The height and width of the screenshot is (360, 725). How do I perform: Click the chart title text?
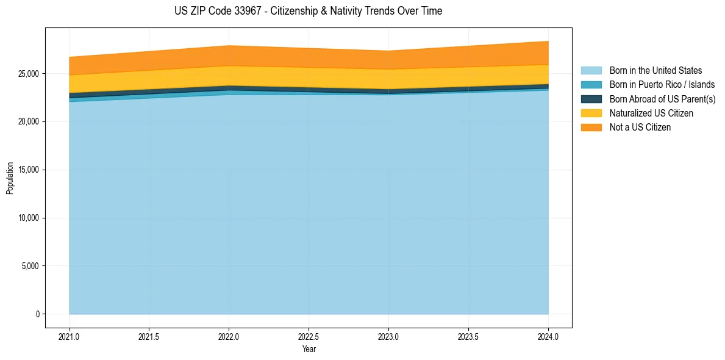(x=308, y=11)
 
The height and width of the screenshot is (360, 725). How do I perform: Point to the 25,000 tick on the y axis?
(x=28, y=74)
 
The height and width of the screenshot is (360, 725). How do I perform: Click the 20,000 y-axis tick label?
(x=28, y=122)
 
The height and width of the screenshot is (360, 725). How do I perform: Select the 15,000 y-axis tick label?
(x=28, y=170)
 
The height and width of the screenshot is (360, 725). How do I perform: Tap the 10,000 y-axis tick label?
(x=28, y=218)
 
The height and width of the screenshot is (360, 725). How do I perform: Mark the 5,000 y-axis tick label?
(x=30, y=266)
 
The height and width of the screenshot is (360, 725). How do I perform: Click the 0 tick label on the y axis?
(x=37, y=314)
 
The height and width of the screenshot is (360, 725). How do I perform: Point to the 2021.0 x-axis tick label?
(x=70, y=336)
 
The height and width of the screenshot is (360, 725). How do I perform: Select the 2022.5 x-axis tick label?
(x=309, y=336)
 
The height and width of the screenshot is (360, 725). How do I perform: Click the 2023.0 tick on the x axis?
(x=388, y=336)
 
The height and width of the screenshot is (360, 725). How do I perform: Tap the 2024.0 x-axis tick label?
(x=548, y=336)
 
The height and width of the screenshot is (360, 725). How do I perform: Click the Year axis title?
(x=309, y=349)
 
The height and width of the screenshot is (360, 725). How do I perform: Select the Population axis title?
(x=10, y=178)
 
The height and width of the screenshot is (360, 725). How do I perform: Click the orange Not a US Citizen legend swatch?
(x=591, y=127)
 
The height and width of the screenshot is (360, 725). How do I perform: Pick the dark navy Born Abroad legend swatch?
(x=591, y=99)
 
